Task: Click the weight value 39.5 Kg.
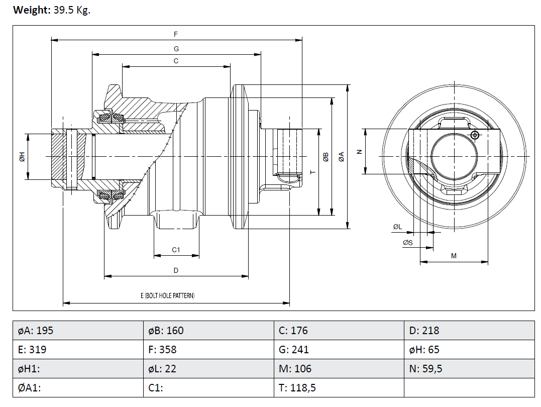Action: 71,10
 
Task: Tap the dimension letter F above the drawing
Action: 176,34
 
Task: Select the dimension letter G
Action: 176,49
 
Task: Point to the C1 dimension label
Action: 176,250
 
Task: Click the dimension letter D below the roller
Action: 176,270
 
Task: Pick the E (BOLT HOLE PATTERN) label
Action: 167,296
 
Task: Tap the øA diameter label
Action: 342,156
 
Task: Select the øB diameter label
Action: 326,157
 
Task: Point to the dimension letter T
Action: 312,172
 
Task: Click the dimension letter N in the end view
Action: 359,151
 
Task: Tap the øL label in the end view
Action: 397,227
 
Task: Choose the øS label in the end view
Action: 407,243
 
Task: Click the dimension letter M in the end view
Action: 454,256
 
